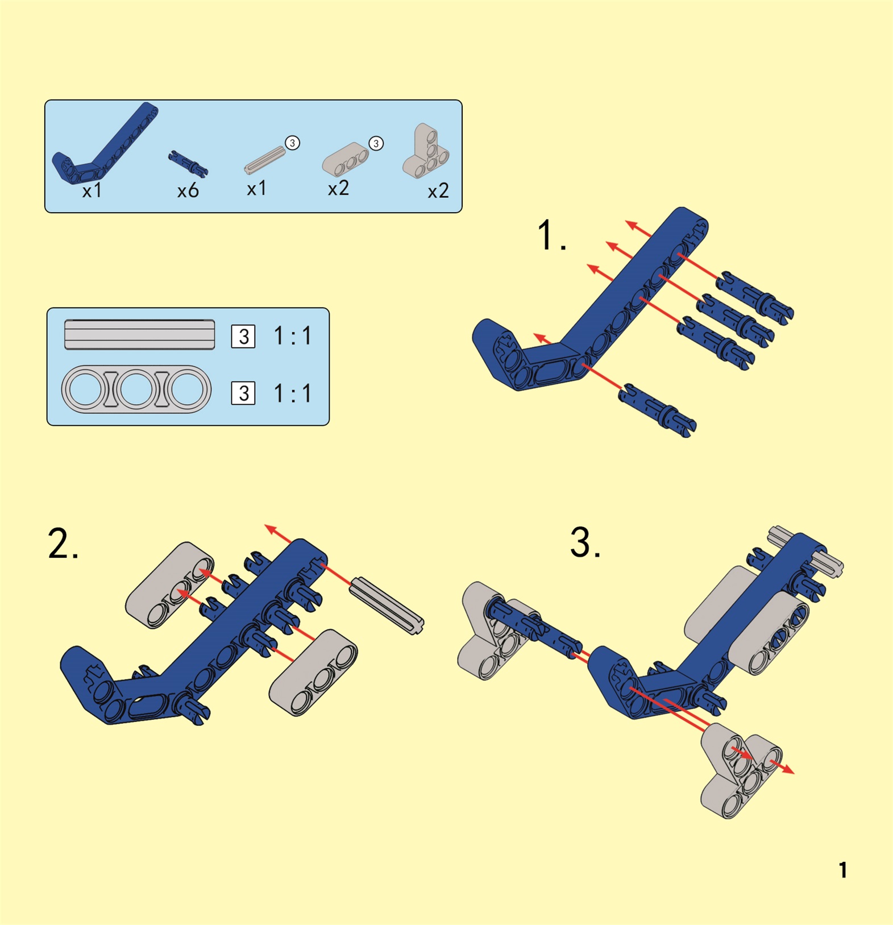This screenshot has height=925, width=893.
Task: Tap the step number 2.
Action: click(x=63, y=544)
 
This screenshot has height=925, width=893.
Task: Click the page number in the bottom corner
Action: click(x=843, y=870)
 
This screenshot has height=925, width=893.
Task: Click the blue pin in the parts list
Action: click(x=188, y=163)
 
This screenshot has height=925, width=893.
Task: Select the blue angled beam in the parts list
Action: click(x=102, y=145)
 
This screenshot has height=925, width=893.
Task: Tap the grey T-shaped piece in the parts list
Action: click(x=426, y=151)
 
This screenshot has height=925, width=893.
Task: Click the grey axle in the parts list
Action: click(x=265, y=160)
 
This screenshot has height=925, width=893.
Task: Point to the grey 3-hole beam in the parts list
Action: click(x=346, y=159)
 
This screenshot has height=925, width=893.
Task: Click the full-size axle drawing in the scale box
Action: click(x=140, y=334)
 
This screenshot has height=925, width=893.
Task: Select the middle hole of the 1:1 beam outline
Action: click(x=136, y=389)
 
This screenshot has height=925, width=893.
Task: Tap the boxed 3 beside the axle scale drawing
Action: click(x=243, y=337)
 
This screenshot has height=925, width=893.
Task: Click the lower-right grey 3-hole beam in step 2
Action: click(x=313, y=672)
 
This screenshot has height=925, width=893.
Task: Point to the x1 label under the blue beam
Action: click(x=92, y=191)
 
